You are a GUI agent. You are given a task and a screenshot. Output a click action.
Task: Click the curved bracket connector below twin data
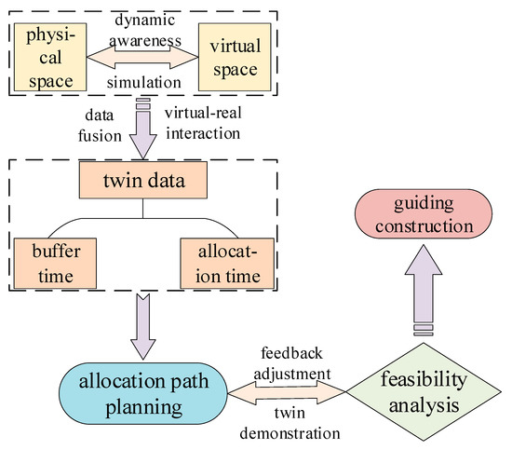pyautogui.click(x=141, y=219)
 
